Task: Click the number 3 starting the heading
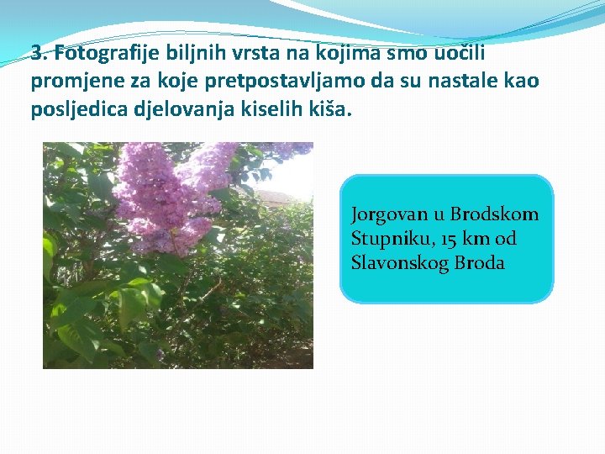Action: click(x=36, y=54)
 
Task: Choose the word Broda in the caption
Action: click(x=479, y=263)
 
